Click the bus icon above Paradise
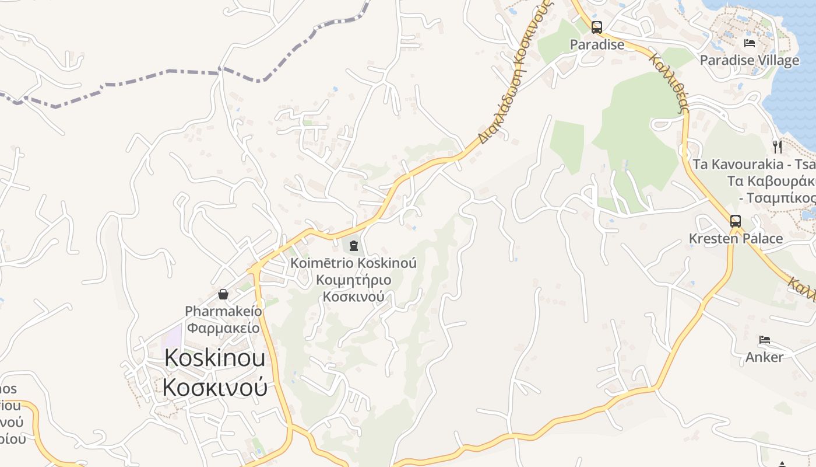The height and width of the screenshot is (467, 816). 596,27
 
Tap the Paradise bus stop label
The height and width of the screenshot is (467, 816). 596,44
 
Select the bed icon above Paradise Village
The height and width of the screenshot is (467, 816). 750,43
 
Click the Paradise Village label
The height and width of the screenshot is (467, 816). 749,60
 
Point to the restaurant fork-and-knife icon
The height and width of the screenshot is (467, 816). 777,146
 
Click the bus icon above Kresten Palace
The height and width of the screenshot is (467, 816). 736,221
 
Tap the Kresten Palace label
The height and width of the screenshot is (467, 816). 736,238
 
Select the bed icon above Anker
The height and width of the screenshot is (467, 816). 765,339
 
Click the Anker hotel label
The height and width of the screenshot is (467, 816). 764,357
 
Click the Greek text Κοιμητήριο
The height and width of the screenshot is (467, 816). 353,280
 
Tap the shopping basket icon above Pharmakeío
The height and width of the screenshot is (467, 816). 223,294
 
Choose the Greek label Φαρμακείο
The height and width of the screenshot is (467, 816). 223,327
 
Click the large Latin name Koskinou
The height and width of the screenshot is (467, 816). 214,358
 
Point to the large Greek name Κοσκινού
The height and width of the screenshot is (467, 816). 214,387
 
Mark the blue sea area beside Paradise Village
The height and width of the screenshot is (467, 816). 799,99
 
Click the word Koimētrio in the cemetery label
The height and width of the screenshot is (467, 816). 322,263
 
